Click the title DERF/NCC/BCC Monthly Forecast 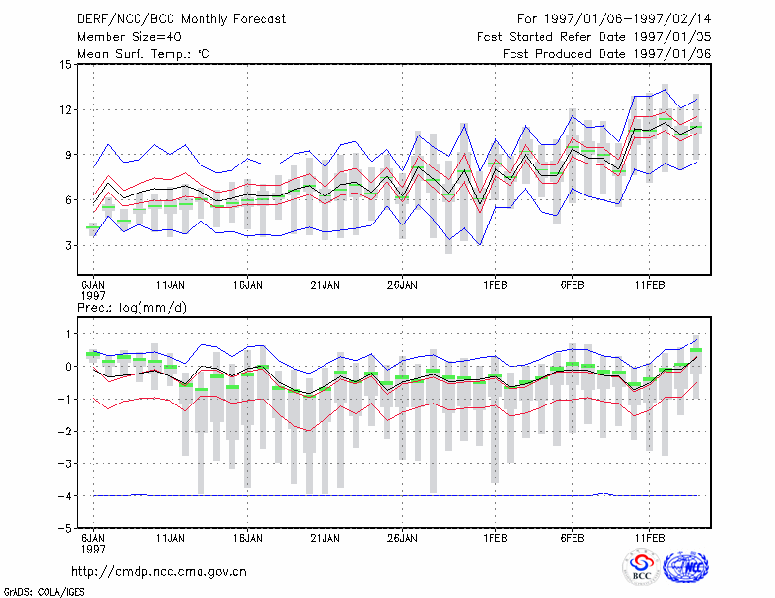(181, 19)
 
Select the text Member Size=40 (130, 37)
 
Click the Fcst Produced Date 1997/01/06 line (607, 54)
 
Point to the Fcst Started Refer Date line (594, 37)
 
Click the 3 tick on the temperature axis (69, 246)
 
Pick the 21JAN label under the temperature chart (325, 285)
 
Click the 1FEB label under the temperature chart (495, 285)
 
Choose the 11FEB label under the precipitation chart (649, 538)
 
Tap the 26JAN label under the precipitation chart (402, 538)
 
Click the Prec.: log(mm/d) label (133, 308)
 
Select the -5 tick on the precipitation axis (65, 528)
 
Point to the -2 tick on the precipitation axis (65, 432)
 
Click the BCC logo (641, 567)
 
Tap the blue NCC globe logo (686, 567)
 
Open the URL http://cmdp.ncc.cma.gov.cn (159, 572)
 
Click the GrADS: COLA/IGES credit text (44, 592)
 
